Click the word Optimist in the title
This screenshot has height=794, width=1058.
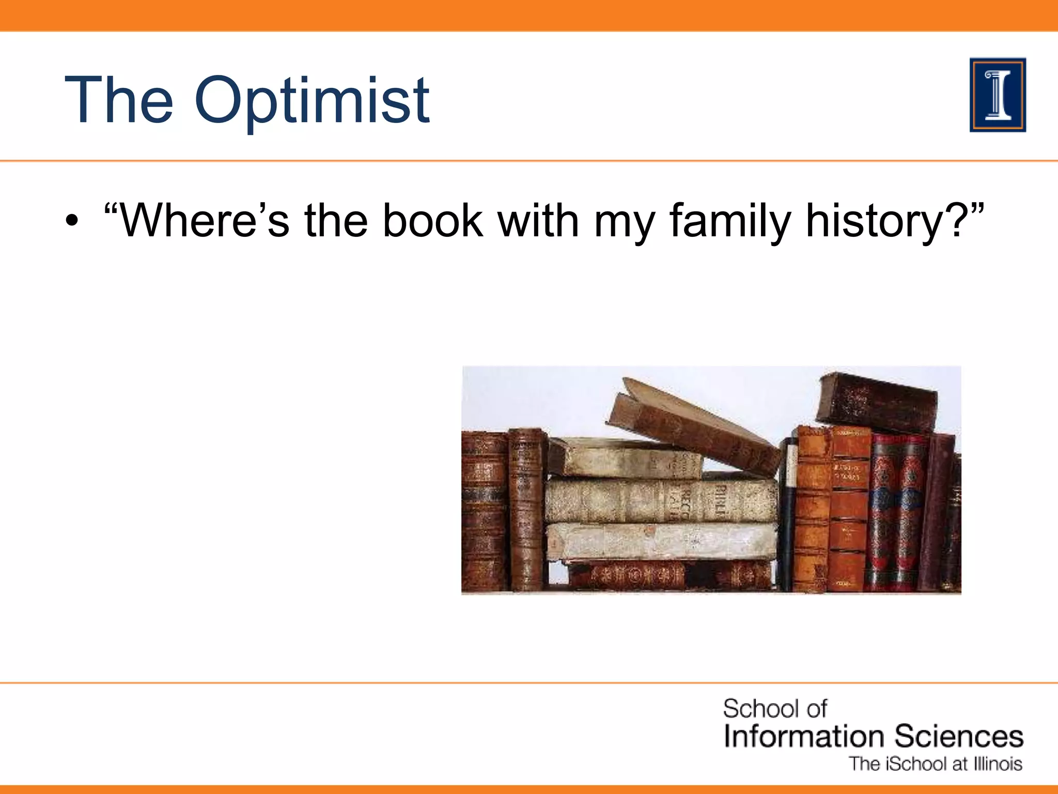click(x=312, y=101)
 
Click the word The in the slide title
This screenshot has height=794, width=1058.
click(x=119, y=101)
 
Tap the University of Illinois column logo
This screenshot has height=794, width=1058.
click(x=998, y=95)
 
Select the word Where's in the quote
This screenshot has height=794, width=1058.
click(x=196, y=221)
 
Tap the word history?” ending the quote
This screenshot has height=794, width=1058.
click(x=894, y=221)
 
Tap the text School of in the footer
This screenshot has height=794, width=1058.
click(x=774, y=709)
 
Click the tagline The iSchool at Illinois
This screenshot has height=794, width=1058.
click(x=936, y=764)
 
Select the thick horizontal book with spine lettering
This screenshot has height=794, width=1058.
click(x=661, y=500)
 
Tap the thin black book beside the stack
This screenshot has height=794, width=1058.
click(x=788, y=512)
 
